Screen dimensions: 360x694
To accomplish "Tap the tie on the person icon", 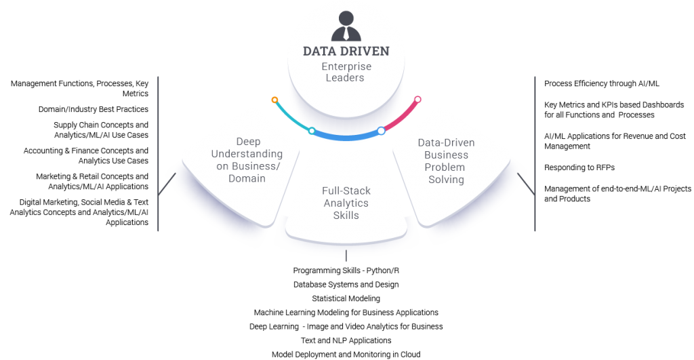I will [346, 35].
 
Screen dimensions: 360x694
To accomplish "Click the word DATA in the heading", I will [319, 52].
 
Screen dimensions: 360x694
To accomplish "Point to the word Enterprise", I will [346, 66].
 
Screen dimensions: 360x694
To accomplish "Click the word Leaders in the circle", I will [346, 78].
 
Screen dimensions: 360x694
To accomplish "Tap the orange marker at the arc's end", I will [274, 100].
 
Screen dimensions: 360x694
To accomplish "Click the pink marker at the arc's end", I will [417, 100].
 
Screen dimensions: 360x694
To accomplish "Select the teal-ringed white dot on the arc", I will [312, 130].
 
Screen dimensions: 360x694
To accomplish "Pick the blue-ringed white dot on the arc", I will [381, 130].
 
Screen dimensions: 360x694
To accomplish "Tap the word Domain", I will [247, 178].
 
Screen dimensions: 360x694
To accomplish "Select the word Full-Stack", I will [346, 191].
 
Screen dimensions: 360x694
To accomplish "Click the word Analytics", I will [346, 203].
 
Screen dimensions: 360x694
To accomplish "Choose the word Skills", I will [346, 216].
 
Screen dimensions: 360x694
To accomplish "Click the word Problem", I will [445, 167].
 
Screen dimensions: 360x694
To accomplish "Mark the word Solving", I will [446, 180].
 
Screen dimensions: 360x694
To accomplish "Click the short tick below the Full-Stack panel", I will [346, 256].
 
